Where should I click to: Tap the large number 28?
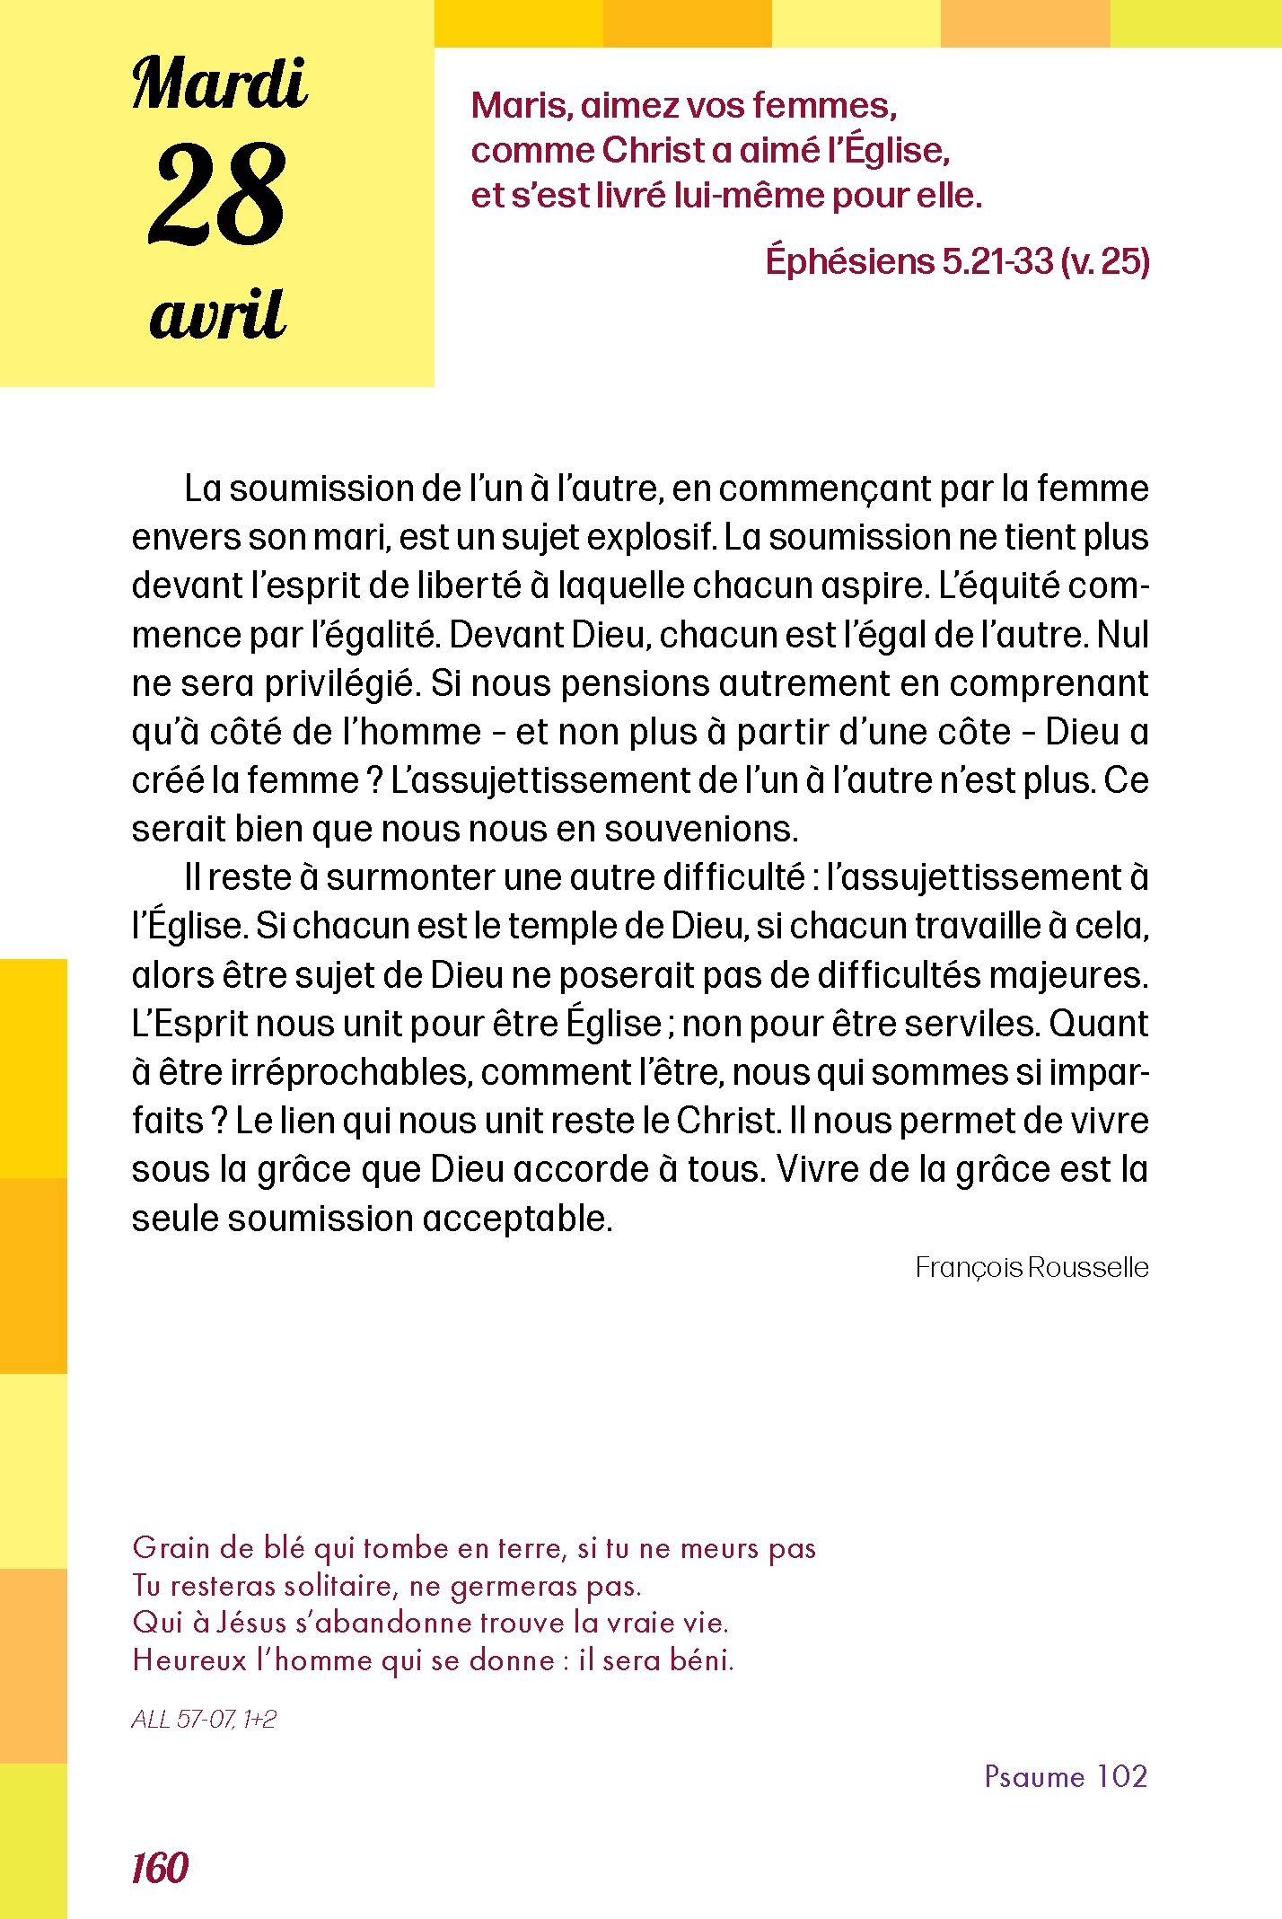[217, 195]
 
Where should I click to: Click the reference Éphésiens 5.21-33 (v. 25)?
[957, 261]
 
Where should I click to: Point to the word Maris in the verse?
[521, 106]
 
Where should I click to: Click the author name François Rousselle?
[1032, 1267]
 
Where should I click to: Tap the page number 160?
[160, 1869]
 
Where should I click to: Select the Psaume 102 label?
[1066, 1776]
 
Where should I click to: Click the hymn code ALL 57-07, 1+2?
[204, 1719]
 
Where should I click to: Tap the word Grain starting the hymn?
[171, 1548]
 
